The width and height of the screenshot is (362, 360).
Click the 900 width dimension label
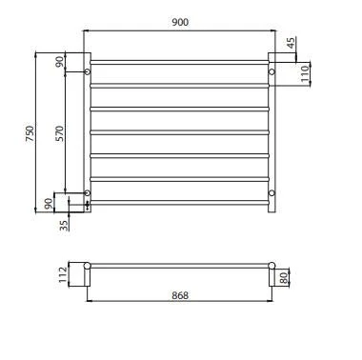tap(180, 22)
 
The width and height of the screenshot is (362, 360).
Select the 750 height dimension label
tap(30, 133)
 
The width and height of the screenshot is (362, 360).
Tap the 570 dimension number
tap(59, 133)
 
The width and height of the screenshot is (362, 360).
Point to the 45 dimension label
tap(292, 43)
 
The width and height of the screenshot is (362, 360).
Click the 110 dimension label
tap(305, 73)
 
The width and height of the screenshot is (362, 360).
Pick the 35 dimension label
tap(64, 226)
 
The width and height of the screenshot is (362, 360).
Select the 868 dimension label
tap(180, 295)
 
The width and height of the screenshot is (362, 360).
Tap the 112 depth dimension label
tap(63, 274)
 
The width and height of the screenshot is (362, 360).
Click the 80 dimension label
tap(284, 278)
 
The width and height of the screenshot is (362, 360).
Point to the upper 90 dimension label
tap(59, 62)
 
